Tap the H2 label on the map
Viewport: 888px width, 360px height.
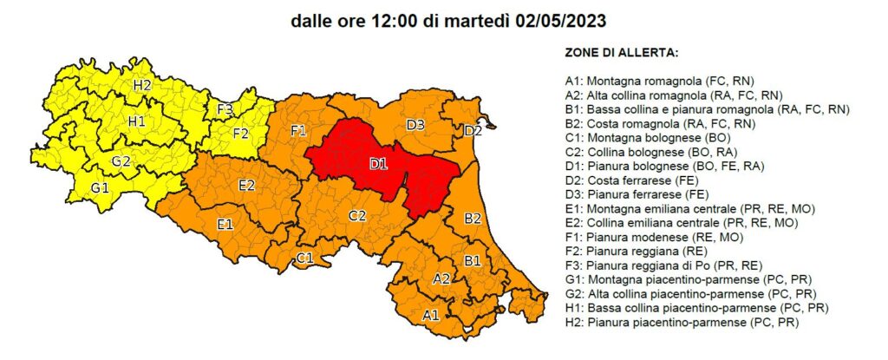click(142, 85)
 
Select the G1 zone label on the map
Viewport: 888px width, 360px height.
click(100, 187)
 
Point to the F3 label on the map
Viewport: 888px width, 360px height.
click(225, 109)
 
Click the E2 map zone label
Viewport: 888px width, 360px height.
click(246, 185)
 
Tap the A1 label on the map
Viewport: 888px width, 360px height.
click(431, 315)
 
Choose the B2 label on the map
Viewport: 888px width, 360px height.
click(473, 218)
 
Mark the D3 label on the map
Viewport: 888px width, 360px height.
click(415, 125)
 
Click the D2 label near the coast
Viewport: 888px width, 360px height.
click(473, 131)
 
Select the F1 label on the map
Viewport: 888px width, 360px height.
click(298, 131)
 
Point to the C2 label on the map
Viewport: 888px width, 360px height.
click(356, 215)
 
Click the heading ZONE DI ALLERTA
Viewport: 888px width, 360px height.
click(621, 53)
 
